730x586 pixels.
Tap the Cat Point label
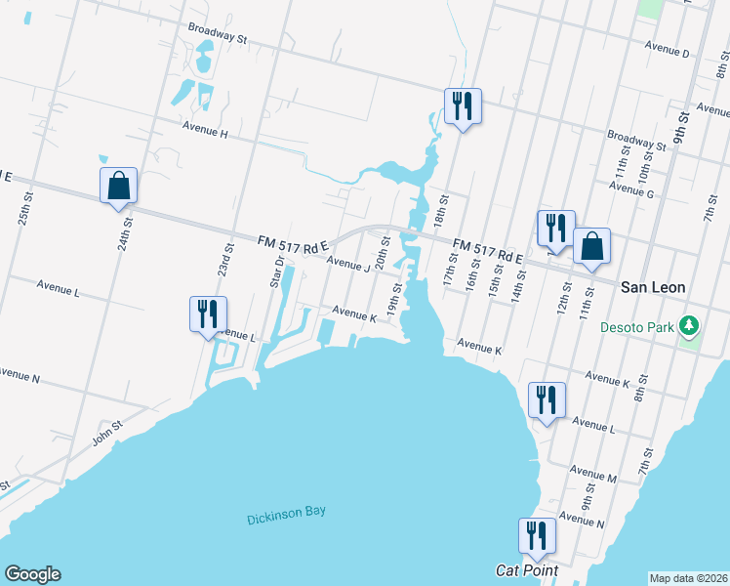click(x=527, y=570)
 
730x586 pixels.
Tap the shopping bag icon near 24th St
click(x=118, y=185)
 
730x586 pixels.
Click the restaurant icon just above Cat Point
click(x=537, y=534)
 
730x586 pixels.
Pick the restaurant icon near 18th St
click(x=463, y=105)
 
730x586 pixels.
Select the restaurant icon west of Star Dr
click(x=208, y=314)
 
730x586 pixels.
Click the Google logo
click(x=32, y=574)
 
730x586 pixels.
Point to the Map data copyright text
click(x=688, y=578)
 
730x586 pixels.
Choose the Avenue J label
click(x=348, y=264)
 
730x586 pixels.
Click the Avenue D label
click(x=667, y=50)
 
